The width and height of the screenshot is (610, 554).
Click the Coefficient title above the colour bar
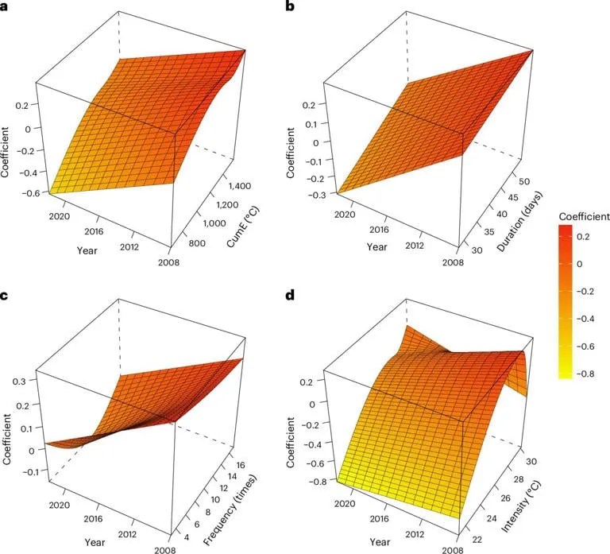coord(583,215)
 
